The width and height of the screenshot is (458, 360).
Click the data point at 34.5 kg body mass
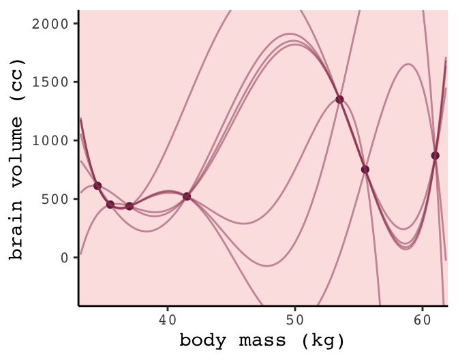coord(97,185)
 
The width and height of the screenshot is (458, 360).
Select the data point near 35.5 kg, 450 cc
coord(110,205)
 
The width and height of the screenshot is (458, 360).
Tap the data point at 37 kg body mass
coord(129,206)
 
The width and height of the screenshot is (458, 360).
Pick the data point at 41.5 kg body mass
coord(187,196)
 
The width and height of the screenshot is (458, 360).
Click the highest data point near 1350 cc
coord(339,99)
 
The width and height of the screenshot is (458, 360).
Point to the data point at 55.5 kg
coord(365,169)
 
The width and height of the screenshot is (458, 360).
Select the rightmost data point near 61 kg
coord(435,155)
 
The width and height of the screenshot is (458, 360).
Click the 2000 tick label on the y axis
coord(50,23)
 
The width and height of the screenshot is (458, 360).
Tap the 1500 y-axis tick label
coord(50,82)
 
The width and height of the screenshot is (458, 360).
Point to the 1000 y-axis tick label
coord(50,140)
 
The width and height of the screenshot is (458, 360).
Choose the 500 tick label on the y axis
coord(55,199)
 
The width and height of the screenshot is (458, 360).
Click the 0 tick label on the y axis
coord(65,258)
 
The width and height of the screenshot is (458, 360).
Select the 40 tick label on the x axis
coord(167,318)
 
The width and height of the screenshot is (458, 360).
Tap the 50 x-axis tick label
coord(294,318)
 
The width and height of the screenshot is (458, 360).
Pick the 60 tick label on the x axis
coord(421,318)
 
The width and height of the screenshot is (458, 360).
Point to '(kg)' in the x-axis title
coord(322,340)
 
